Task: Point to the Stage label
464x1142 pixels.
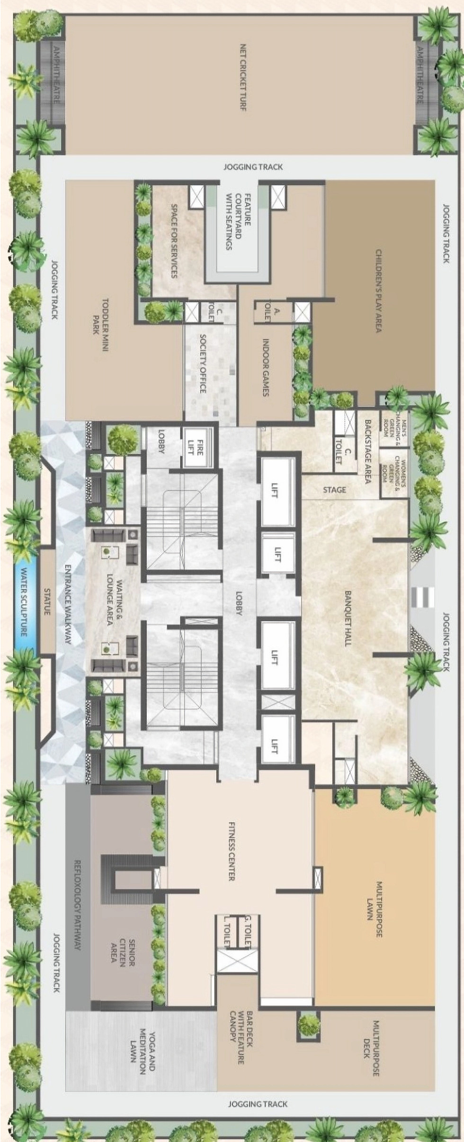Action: point(335,489)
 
